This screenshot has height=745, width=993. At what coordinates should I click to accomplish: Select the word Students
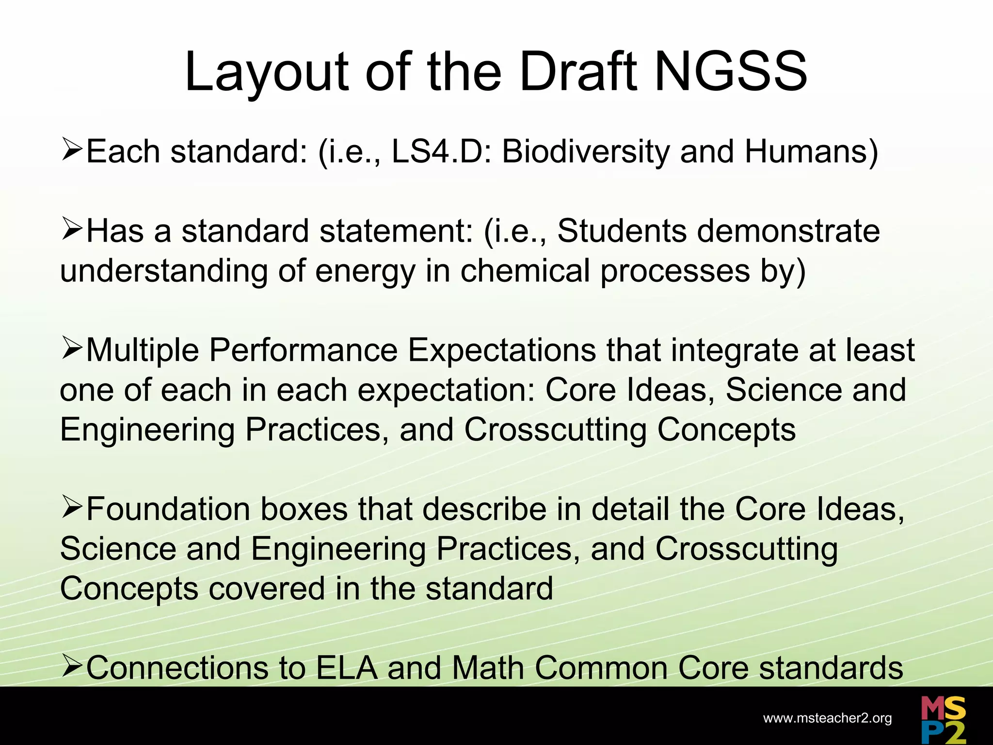coord(622,231)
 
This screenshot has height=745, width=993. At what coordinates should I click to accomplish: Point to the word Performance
coord(303,350)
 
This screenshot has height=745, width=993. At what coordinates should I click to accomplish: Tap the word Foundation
coord(168,509)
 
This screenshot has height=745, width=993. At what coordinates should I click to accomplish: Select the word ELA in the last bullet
coord(346,668)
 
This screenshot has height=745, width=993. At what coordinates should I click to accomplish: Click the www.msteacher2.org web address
coord(827,718)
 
